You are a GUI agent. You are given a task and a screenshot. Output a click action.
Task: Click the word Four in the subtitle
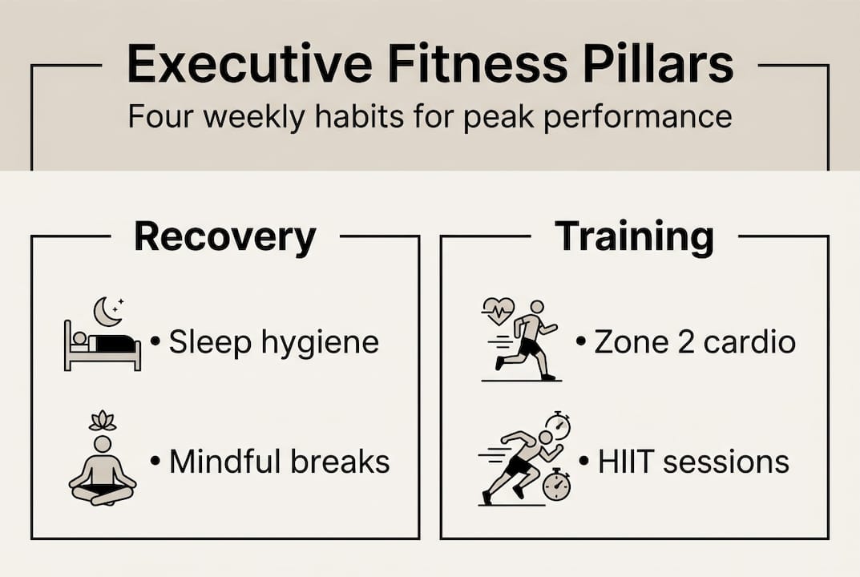pos(162,117)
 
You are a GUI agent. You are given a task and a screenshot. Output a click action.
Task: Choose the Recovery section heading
pos(224,237)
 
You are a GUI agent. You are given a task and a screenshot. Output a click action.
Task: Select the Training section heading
pos(634,237)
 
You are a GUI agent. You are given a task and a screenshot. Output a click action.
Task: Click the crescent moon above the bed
pos(107,311)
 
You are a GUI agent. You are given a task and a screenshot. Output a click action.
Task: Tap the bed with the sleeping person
pos(102,349)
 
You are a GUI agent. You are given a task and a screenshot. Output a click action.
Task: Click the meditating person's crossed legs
pos(103,491)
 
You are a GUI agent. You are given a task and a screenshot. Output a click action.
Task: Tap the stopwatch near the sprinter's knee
pos(555,486)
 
